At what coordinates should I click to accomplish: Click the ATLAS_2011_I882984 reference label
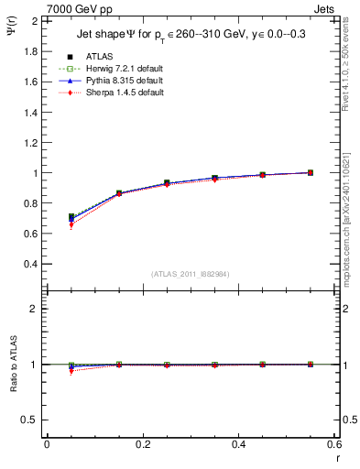coord(190,274)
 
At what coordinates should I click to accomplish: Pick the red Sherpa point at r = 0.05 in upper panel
coord(71,224)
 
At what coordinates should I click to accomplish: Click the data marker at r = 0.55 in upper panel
coord(311,172)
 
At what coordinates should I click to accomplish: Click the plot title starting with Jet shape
coord(190,37)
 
